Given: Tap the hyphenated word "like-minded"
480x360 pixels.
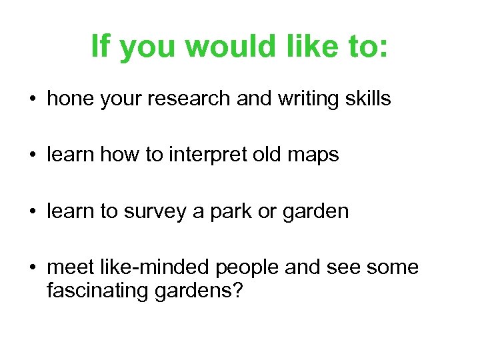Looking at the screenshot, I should pos(157,267).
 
